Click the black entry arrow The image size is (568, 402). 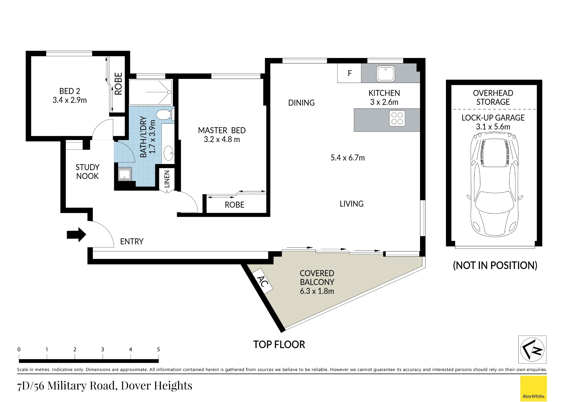pyautogui.click(x=76, y=235)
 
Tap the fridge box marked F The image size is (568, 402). pyautogui.click(x=349, y=73)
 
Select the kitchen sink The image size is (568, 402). pyautogui.click(x=386, y=73)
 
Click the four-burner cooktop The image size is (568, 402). pyautogui.click(x=397, y=118)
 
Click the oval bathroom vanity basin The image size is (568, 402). pyautogui.click(x=168, y=153)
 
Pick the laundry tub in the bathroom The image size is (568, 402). pyautogui.click(x=125, y=174)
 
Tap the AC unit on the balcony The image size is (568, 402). pyautogui.click(x=263, y=281)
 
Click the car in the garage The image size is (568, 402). pyautogui.click(x=495, y=184)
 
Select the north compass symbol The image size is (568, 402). pyautogui.click(x=532, y=349)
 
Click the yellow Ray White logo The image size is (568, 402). pyautogui.click(x=533, y=388)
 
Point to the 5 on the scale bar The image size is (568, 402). pyautogui.click(x=158, y=349)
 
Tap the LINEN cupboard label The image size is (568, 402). pyautogui.click(x=167, y=179)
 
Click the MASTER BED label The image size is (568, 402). pyautogui.click(x=222, y=130)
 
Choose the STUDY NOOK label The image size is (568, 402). pyautogui.click(x=87, y=172)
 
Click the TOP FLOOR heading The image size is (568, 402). pyautogui.click(x=279, y=345)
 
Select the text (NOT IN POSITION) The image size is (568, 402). pyautogui.click(x=495, y=265)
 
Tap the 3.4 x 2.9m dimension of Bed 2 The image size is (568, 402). pyautogui.click(x=70, y=100)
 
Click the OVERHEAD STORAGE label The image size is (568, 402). pyautogui.click(x=493, y=97)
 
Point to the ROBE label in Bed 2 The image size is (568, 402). pyautogui.click(x=118, y=84)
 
